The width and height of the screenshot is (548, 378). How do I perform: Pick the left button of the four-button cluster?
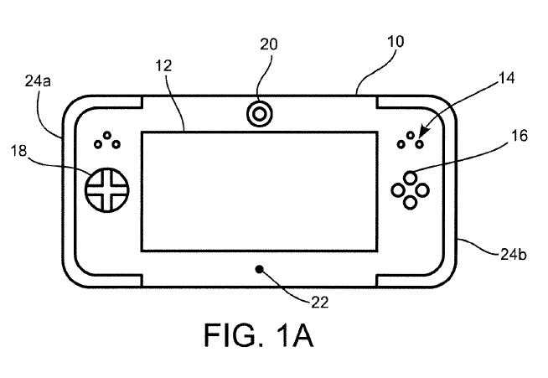point(398,189)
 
